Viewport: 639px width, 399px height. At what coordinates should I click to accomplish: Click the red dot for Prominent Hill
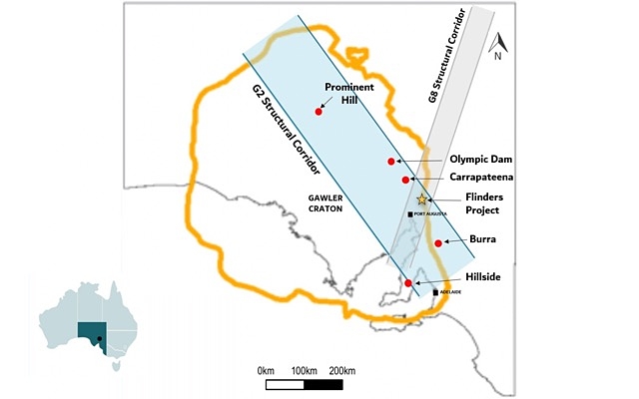[x=319, y=111]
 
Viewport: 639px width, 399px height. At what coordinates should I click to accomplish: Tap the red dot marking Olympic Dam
[x=391, y=161]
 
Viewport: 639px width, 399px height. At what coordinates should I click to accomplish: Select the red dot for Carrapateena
[x=405, y=180]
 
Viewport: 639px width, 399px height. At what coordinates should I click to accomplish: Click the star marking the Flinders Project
[x=422, y=200]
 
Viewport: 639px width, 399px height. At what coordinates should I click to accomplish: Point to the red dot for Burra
[x=438, y=243]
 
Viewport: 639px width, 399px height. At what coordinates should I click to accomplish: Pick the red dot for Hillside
[x=408, y=283]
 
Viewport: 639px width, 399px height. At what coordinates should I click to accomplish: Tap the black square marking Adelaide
[x=435, y=291]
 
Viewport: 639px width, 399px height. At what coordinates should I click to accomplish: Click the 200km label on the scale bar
[x=341, y=371]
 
